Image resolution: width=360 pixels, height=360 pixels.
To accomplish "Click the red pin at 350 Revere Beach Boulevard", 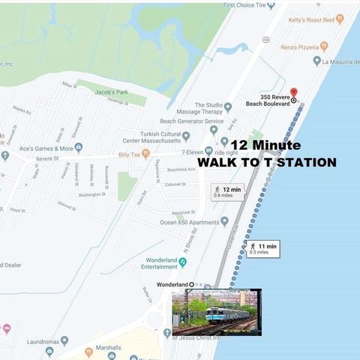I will pos(293,91).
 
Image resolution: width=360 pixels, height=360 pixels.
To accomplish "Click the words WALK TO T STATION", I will pos(266,163).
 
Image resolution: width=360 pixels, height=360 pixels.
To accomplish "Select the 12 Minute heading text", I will pos(265,145).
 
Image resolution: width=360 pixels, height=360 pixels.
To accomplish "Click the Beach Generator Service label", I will pos(191,121).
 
